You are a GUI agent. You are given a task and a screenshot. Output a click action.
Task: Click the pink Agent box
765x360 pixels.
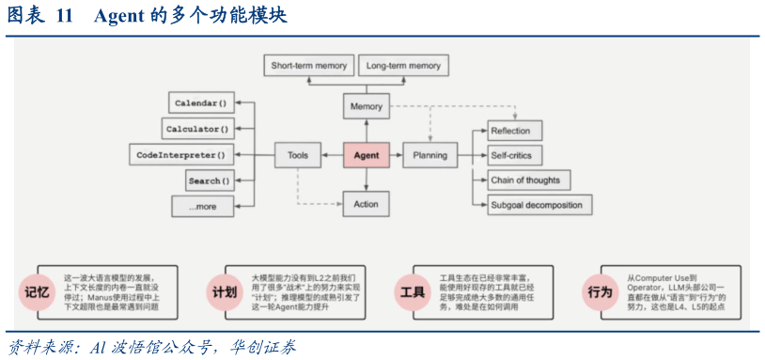coord(366,155)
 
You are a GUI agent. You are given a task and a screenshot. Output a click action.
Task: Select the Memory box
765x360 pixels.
coord(366,106)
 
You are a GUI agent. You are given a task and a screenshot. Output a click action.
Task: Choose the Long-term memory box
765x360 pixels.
coord(403,66)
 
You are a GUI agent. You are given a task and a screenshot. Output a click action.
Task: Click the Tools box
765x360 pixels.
coord(297,155)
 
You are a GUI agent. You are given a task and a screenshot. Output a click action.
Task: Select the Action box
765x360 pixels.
coord(366,204)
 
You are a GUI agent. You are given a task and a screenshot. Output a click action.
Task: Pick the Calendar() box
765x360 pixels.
coord(201,102)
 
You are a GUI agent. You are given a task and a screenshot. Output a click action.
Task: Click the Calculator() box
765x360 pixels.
coord(197,128)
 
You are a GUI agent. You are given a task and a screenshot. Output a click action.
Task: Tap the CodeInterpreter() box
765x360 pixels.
coord(180,154)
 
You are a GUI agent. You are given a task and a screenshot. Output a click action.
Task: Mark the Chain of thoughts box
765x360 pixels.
coord(528,180)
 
